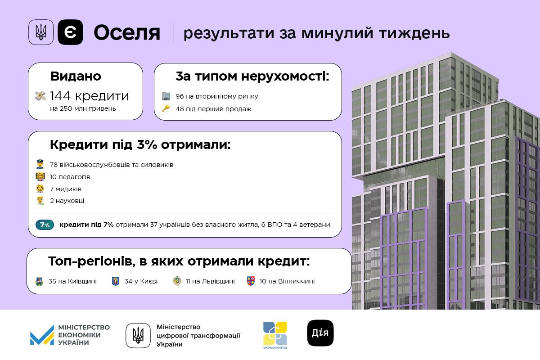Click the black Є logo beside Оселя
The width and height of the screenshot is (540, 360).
click(70, 32)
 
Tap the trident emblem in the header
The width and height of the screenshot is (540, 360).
click(41, 32)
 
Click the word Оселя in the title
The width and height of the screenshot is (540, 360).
click(127, 33)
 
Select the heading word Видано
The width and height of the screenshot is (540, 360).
click(76, 76)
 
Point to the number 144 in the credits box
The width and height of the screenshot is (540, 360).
click(60, 96)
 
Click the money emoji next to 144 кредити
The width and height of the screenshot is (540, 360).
click(40, 96)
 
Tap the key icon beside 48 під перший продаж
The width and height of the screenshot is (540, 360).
click(166, 108)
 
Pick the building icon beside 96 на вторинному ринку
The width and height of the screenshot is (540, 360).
click(166, 96)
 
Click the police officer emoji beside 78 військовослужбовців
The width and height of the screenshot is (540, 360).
click(40, 164)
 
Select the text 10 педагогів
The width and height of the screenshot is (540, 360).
click(70, 177)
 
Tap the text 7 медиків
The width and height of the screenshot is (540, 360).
click(66, 189)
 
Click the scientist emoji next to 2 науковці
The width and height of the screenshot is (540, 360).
click(40, 201)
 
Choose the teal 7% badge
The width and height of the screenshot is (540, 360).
click(45, 225)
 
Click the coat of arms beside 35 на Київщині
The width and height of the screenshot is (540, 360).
click(39, 281)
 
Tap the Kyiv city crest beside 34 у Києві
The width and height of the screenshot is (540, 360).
click(116, 281)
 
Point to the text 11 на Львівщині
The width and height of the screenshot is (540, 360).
click(210, 281)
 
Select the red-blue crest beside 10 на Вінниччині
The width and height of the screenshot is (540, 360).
click(251, 281)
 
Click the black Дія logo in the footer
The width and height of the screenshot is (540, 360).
click(320, 333)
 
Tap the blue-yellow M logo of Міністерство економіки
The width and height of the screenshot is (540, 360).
click(42, 335)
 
